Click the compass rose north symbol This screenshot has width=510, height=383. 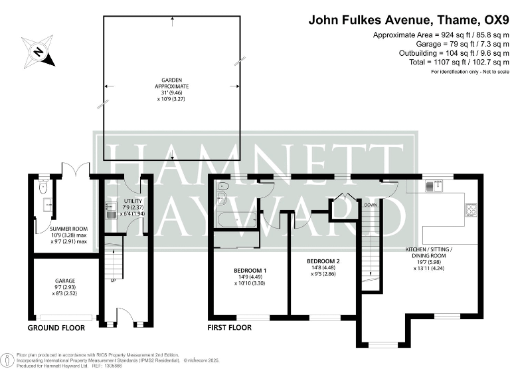click(38, 51)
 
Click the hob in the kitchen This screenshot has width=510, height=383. click(472, 211)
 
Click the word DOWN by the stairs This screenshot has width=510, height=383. click(370, 205)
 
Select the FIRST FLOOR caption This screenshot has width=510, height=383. click(229, 328)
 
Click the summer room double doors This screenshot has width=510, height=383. click(71, 170)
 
